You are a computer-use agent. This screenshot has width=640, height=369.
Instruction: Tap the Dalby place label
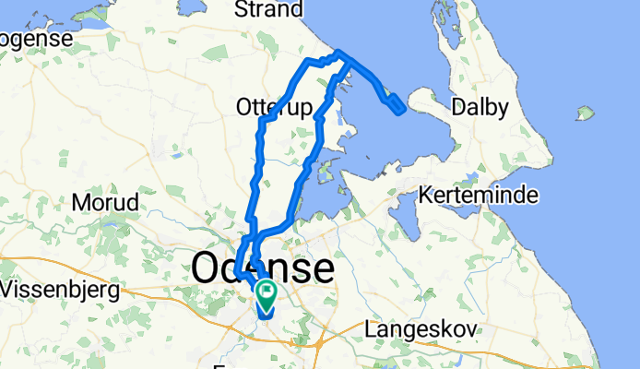click(x=480, y=108)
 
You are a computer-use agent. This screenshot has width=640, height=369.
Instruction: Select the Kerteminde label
click(x=478, y=196)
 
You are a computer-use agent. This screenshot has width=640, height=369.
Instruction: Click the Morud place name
click(x=104, y=202)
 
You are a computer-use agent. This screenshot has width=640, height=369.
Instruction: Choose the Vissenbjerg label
click(x=61, y=289)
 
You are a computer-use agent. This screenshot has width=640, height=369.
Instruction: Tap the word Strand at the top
click(x=269, y=10)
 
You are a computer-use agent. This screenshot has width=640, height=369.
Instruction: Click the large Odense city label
click(x=263, y=268)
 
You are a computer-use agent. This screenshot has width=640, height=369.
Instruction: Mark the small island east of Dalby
click(x=582, y=114)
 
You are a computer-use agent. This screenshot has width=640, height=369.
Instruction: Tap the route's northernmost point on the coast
click(x=339, y=52)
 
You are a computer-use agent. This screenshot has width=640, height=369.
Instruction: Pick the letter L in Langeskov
click(x=372, y=328)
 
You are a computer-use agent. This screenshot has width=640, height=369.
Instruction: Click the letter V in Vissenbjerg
click(x=10, y=289)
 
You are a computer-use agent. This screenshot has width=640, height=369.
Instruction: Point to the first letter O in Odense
click(x=207, y=268)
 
